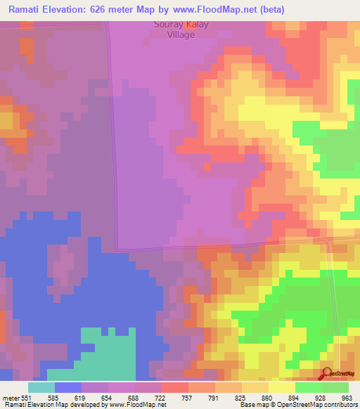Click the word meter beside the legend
[10, 397]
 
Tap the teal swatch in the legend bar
[41, 387]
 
